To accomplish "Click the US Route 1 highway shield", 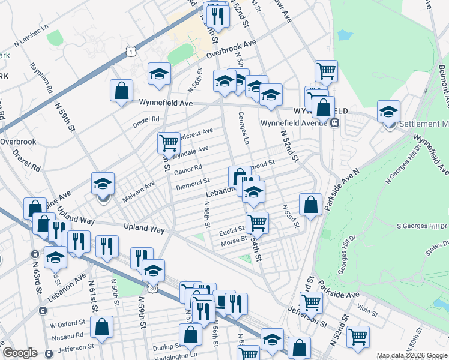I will click(x=131, y=53).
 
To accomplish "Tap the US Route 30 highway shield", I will click(x=153, y=289).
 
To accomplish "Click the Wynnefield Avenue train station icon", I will click(x=334, y=122).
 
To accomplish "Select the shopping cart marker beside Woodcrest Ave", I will click(x=169, y=143).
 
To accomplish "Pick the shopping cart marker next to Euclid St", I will click(x=256, y=222).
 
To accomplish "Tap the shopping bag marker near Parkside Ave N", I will click(x=310, y=204).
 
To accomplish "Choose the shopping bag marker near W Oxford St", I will click(x=103, y=327).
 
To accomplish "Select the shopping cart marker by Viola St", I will click(x=358, y=337).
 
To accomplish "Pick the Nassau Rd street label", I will click(x=67, y=335).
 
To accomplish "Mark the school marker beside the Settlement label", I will click(x=388, y=111).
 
